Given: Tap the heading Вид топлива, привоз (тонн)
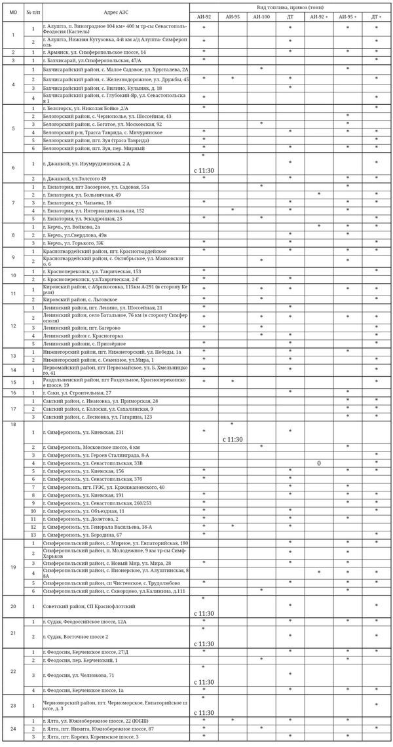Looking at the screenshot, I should coord(290,5).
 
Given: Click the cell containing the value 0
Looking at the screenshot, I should coord(319,463).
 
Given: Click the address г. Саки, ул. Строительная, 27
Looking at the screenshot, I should coord(78,392).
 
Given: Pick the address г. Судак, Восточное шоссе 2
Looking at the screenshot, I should coord(75,636).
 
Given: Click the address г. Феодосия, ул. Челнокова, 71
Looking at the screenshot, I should coord(79,675).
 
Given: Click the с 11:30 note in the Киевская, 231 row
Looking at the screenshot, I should coord(233,439).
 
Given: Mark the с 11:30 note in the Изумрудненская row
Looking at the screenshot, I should coord(204,170).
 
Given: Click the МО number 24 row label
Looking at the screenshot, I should coord(13,729).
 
